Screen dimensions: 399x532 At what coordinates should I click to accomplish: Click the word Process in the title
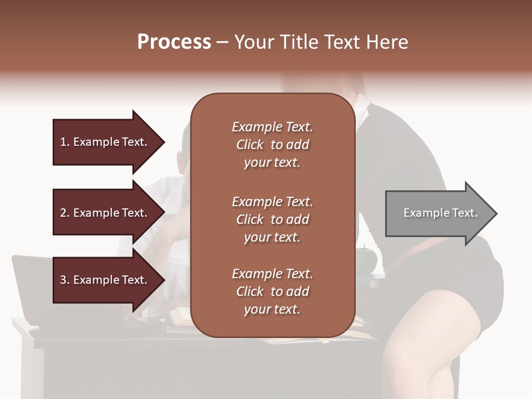click(x=174, y=42)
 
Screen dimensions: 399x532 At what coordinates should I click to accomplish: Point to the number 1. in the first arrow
click(x=65, y=142)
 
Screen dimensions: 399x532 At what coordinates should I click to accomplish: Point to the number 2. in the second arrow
click(x=65, y=213)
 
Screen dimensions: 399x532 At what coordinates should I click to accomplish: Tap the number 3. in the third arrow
click(x=65, y=280)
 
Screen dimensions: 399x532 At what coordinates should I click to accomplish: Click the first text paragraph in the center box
click(x=272, y=145)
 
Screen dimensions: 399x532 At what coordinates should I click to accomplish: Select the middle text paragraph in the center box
click(x=272, y=219)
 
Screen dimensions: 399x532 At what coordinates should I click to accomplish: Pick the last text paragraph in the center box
click(x=272, y=291)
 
